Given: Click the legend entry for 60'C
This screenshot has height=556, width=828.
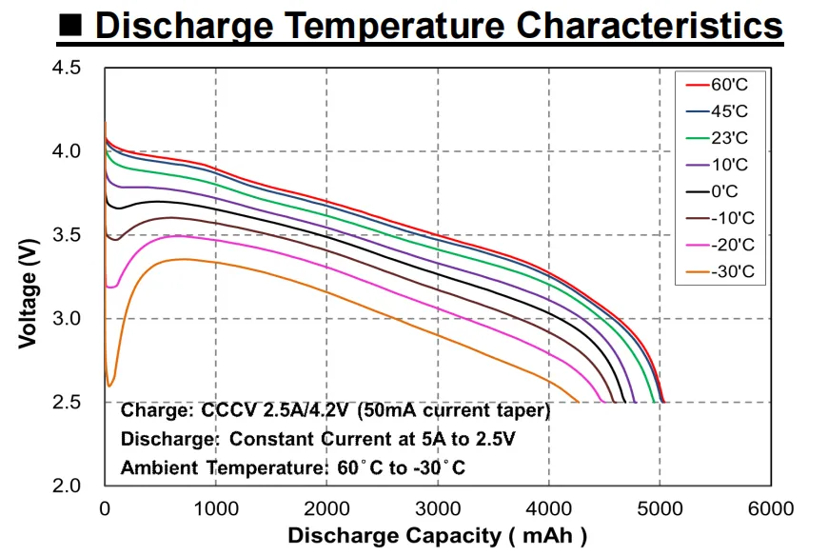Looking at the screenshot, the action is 717,85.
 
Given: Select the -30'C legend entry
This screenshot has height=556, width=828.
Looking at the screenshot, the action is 720,272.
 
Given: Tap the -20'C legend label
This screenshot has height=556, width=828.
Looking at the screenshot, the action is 733,245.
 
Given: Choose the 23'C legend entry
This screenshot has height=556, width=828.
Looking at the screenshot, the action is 717,138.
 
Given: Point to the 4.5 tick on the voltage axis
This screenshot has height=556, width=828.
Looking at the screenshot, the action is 67,68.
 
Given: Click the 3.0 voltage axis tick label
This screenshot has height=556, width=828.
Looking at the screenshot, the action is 67,318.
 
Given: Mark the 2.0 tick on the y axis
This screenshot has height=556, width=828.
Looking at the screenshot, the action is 67,486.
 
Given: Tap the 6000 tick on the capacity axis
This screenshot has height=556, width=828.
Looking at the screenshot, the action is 771,508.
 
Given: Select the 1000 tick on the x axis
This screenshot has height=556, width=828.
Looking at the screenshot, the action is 215,508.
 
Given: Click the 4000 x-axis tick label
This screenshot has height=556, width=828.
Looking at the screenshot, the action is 548,508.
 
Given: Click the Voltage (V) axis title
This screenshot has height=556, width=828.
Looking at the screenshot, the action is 29,293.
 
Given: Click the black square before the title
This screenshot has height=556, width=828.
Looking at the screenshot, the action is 70,25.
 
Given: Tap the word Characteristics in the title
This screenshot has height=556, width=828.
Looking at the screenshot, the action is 649,26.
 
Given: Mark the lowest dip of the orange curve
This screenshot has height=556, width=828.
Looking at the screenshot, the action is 109,386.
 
